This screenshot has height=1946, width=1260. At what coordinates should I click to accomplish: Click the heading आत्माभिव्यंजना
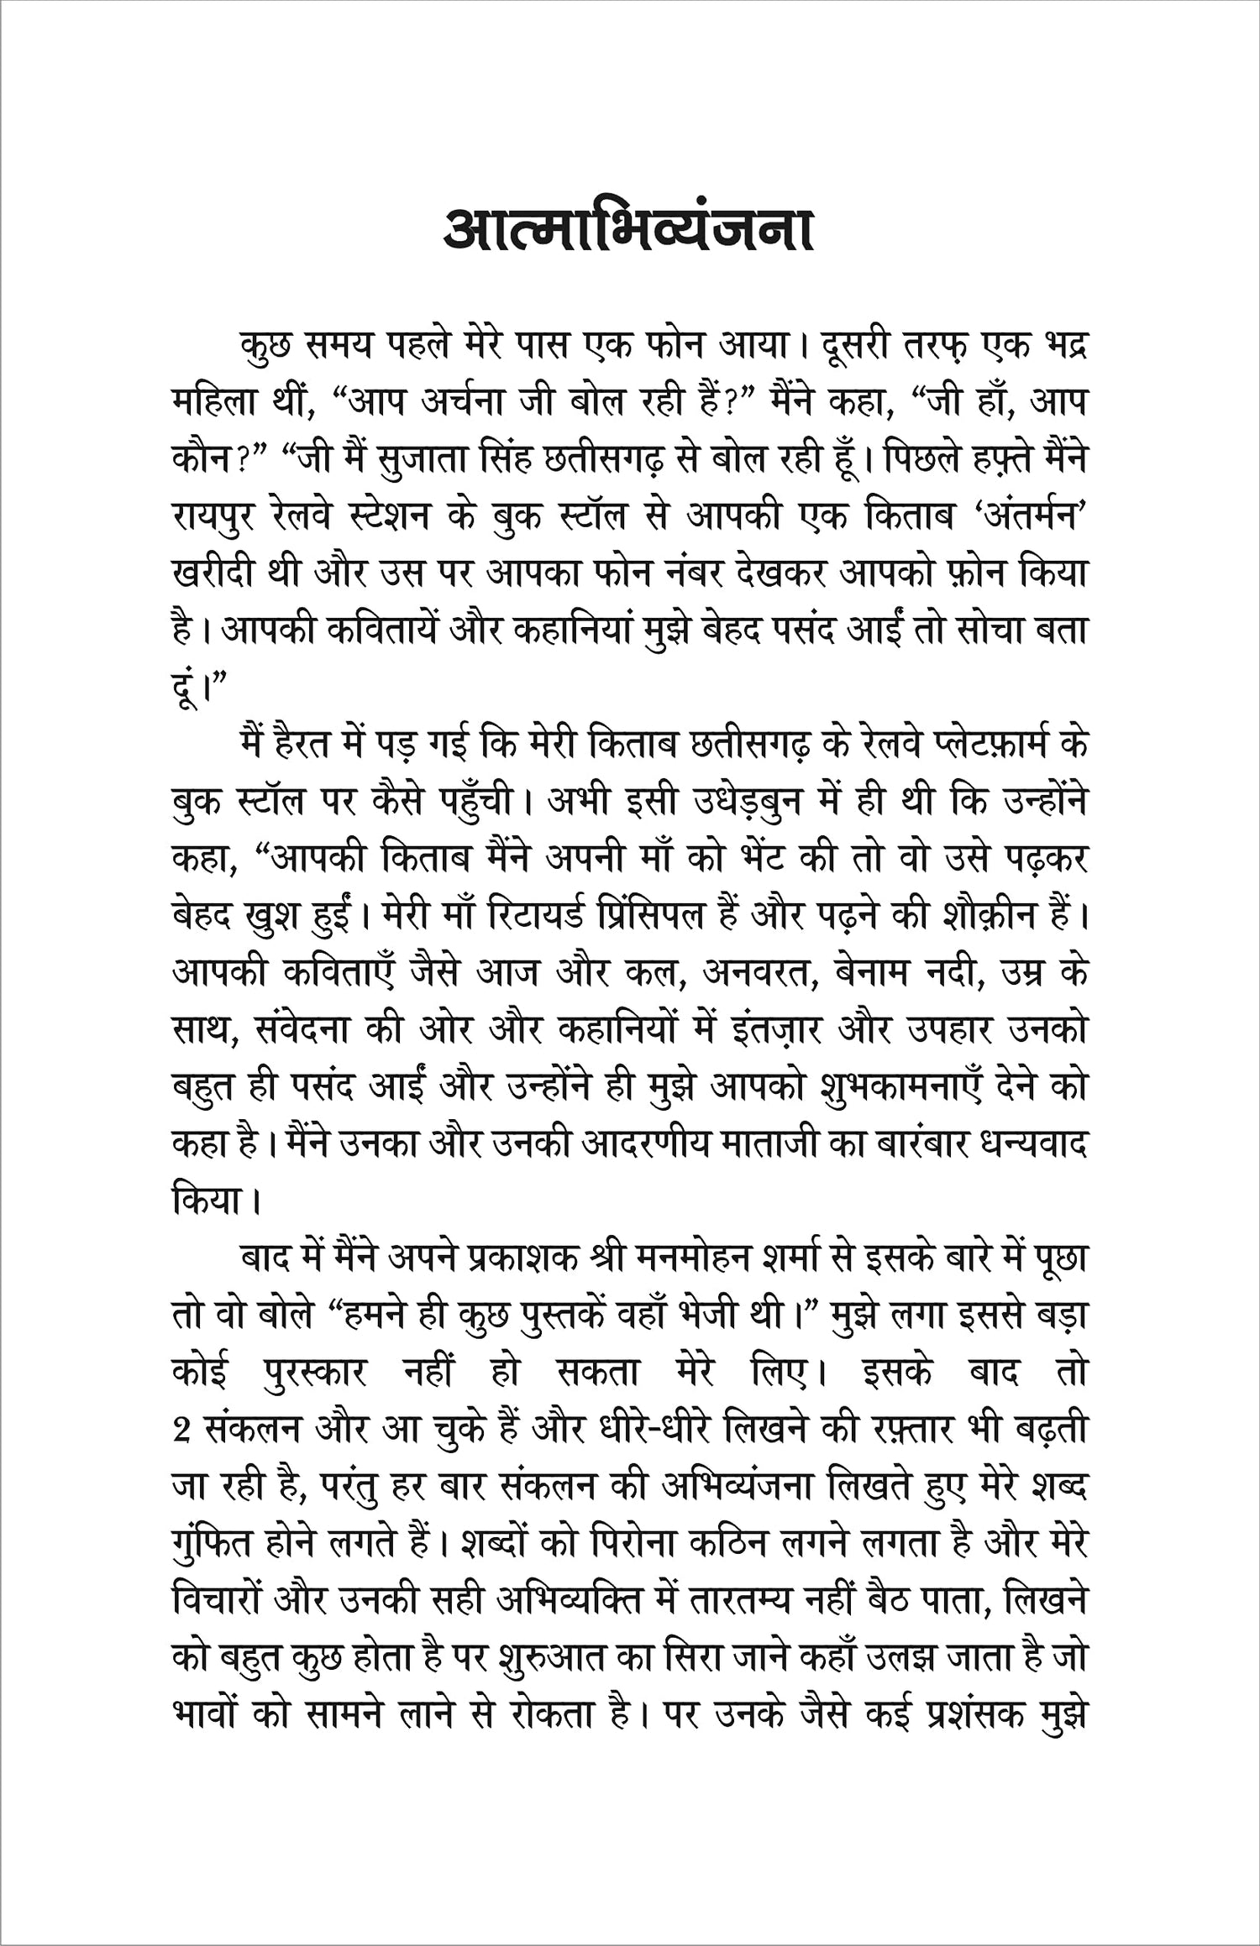click(x=628, y=228)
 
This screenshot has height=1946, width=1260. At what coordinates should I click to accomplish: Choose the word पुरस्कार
click(x=314, y=1374)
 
